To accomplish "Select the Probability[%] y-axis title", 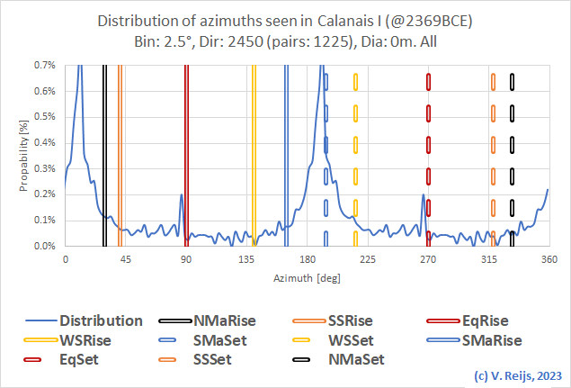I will [23, 155].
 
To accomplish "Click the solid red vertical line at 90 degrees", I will [186, 153].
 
